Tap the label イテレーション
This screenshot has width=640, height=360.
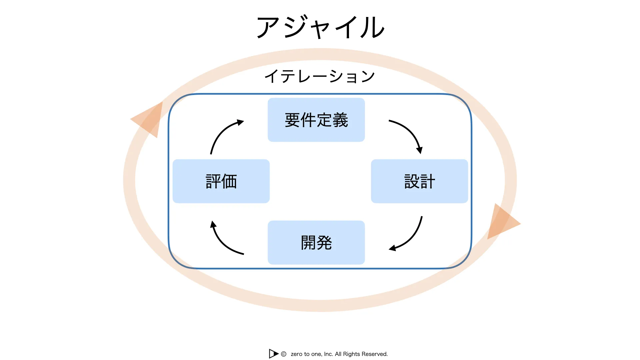(320, 76)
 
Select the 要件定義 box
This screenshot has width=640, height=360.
(316, 120)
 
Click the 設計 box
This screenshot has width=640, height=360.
(419, 181)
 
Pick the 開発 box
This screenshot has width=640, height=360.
(316, 243)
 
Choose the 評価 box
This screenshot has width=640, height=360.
(221, 181)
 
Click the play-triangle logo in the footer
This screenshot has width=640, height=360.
(274, 354)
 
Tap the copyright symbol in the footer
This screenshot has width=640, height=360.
(284, 354)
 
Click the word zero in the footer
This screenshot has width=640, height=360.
(296, 354)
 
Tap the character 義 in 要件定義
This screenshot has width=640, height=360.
(340, 120)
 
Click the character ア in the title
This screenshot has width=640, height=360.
(268, 27)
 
